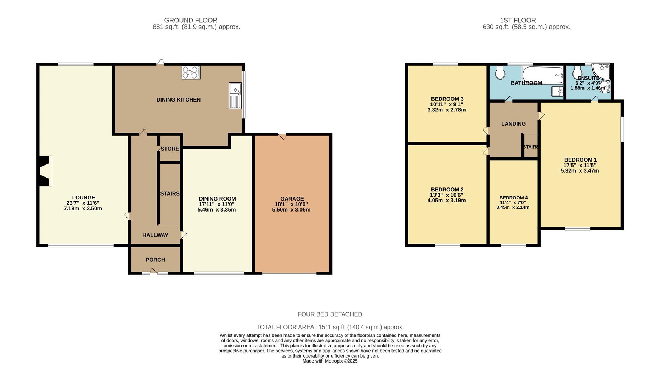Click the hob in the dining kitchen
(x=191, y=73)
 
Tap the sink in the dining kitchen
(x=235, y=95)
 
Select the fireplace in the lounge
(x=45, y=171)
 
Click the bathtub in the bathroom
(x=542, y=75)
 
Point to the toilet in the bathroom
(x=500, y=73)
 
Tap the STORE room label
(x=170, y=149)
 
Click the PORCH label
(x=155, y=260)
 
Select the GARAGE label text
(x=292, y=199)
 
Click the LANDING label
(x=513, y=124)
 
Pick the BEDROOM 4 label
(x=513, y=198)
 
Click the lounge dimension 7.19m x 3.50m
(x=83, y=209)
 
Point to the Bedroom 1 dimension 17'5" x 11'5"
(x=580, y=165)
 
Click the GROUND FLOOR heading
(x=191, y=20)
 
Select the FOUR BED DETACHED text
(x=330, y=314)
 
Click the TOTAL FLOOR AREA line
(x=330, y=327)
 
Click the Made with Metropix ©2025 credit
(x=330, y=361)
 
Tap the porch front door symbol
(x=153, y=272)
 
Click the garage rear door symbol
(x=282, y=136)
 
